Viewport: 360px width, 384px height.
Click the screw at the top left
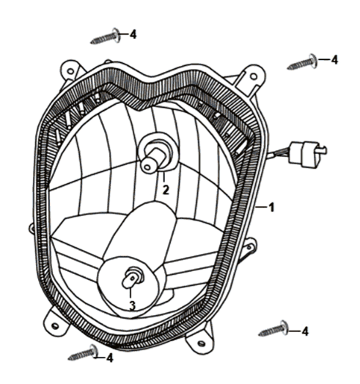coord(106,37)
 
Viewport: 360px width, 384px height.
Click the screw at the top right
coord(302,62)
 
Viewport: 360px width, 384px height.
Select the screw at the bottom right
coord(273,329)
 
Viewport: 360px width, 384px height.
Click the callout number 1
coord(271,207)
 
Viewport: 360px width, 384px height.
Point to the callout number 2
coord(166,190)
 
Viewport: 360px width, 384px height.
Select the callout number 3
coord(132,306)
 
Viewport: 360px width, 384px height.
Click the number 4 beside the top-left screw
coord(133,34)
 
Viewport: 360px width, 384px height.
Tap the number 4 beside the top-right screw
coord(334,59)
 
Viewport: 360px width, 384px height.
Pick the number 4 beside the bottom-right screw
coord(304,331)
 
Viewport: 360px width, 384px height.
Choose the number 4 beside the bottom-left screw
coord(110,358)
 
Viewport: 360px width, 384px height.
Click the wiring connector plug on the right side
coord(307,155)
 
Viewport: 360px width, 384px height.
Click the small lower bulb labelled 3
coord(132,278)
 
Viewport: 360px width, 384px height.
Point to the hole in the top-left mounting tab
coord(70,71)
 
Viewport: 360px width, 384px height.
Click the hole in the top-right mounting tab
coord(254,76)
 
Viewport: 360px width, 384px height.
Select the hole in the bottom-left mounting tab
coord(56,326)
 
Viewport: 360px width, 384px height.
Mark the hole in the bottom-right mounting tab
coord(201,344)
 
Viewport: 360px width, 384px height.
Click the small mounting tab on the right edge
coord(249,248)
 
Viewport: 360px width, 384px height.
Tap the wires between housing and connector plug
coord(279,155)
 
